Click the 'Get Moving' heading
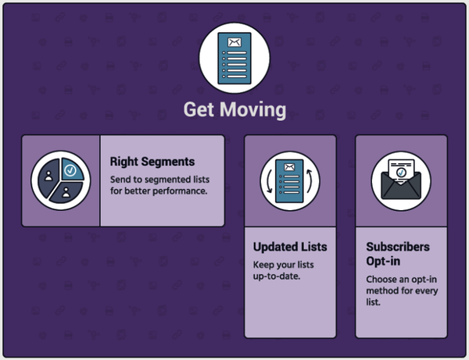[x=234, y=109]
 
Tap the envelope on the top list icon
[x=234, y=42]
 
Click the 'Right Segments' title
[x=152, y=162]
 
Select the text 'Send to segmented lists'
[x=159, y=180]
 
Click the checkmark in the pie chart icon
[x=70, y=170]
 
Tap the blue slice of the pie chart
[x=72, y=169]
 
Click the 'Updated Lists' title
[x=290, y=247]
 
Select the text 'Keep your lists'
[x=284, y=265]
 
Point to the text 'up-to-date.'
[x=277, y=276]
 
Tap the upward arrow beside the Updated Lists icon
[x=309, y=181]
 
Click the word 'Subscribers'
[x=398, y=247]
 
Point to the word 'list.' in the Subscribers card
[x=374, y=302]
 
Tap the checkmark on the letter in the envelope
[x=401, y=173]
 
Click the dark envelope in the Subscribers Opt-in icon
[x=401, y=186]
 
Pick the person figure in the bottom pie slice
[x=66, y=192]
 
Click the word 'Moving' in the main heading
[x=253, y=109]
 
